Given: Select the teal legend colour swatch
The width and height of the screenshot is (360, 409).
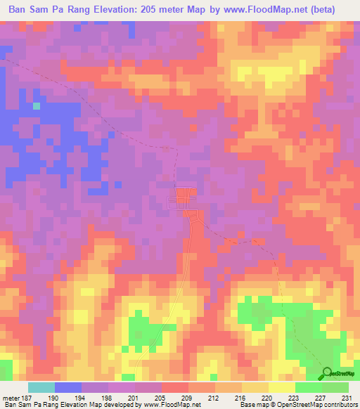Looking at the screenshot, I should [41, 387].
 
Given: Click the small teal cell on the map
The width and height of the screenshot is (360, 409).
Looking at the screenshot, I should [37, 105].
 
